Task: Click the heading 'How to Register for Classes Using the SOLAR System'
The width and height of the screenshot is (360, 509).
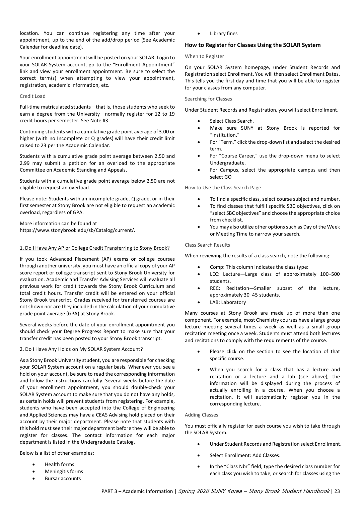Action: coord(253,45)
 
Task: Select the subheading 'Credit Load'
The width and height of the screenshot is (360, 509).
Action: coord(32,96)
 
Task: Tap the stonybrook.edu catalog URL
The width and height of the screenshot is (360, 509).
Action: coord(77,230)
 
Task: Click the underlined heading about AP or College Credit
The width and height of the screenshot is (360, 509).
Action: coord(94,248)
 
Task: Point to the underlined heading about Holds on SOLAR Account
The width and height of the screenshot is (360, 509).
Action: coord(81,349)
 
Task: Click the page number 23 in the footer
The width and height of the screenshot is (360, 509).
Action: coord(337,491)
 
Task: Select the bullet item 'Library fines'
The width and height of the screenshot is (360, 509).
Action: coord(223,34)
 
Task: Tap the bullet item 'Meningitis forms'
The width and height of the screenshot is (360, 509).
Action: coord(64,471)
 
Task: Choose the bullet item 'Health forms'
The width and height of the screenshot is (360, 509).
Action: coord(59,464)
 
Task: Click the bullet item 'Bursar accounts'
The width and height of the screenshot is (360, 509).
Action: coord(63,479)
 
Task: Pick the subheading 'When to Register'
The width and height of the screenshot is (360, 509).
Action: coord(204,56)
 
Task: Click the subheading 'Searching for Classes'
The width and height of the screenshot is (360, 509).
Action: coord(208,99)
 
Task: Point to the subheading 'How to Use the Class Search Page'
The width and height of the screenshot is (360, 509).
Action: coord(223,188)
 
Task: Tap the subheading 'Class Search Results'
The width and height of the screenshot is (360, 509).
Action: coord(207,245)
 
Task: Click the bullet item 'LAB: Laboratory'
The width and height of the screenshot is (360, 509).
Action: coord(228,302)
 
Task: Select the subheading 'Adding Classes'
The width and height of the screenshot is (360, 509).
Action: coord(201,415)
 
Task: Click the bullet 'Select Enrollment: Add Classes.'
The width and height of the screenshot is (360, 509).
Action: coord(245,455)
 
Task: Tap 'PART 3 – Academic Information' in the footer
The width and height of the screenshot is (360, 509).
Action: coord(137,491)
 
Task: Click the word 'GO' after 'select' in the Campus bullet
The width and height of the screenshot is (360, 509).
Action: coord(228,177)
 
